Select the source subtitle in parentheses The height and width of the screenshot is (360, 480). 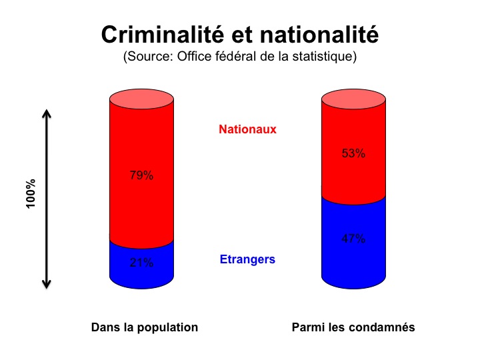coord(240,57)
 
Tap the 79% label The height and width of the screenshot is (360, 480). coord(141,177)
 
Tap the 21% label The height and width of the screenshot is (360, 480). coord(141,263)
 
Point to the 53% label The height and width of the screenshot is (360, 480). coord(353,153)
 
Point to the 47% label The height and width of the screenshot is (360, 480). coord(353,239)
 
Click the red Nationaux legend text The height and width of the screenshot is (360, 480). coord(247,129)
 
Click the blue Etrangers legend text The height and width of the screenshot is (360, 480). coord(247,259)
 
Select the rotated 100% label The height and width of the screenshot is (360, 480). coord(31,193)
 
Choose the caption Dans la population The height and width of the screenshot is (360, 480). coord(145,327)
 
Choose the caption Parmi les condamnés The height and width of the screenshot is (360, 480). coord(353,327)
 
